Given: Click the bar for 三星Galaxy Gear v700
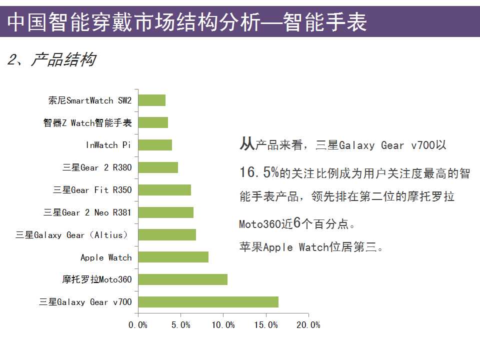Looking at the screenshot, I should point(208,302).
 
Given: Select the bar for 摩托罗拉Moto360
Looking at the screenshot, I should point(182,279).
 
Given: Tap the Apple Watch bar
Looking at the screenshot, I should point(173,257).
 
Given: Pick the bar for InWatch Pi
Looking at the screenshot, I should point(155,145).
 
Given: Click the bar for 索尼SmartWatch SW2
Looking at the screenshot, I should point(151,100).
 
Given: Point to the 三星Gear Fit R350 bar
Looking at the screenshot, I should point(164,190).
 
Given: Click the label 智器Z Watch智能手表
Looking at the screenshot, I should point(87,123).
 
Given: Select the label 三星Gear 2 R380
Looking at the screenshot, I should point(97,167).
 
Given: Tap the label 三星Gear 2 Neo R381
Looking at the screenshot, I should point(87,212).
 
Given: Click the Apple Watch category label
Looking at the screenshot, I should point(106,257).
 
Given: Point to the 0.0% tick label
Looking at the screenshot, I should point(138,325).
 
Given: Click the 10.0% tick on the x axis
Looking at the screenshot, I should point(223,325).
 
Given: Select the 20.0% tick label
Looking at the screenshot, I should point(308,325).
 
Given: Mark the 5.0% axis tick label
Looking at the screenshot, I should point(180,325).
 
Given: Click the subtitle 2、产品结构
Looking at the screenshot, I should point(51,60).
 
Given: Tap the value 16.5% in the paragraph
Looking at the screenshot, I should point(259,173).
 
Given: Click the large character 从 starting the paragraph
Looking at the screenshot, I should point(247,144).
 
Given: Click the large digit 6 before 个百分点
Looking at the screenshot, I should point(297,223).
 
